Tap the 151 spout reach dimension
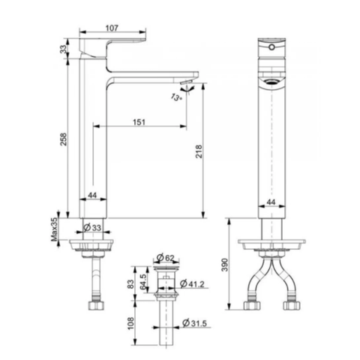(x=138, y=121)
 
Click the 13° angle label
(x=175, y=97)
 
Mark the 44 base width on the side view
(x=92, y=195)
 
